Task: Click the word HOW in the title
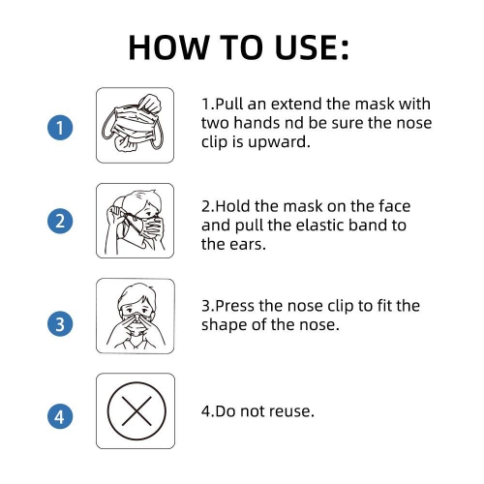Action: [x=169, y=47]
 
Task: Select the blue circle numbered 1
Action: [x=60, y=128]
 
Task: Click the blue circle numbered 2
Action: [x=60, y=221]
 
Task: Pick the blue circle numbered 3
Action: [x=60, y=323]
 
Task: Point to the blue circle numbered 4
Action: [x=60, y=416]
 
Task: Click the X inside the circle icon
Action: [x=136, y=411]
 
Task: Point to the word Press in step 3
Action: [x=235, y=306]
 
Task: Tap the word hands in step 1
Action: [x=257, y=123]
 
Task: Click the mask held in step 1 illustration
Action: [x=135, y=124]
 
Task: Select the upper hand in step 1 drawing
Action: [x=149, y=103]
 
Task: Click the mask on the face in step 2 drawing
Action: [x=151, y=227]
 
